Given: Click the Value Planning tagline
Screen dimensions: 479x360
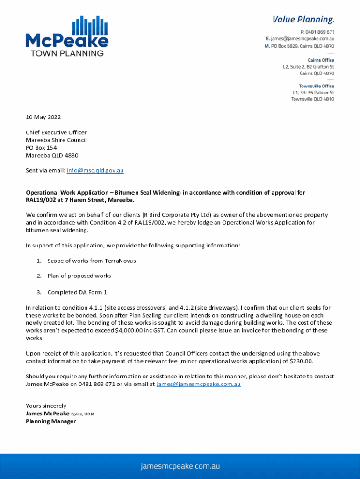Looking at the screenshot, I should point(303,19).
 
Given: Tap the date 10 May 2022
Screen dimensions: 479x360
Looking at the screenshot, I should point(43,117).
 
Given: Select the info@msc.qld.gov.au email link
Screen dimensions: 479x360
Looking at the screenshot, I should point(95,170).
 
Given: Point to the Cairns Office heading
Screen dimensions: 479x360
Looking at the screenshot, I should point(321,60).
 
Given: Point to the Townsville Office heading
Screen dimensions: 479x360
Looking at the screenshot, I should point(317,86).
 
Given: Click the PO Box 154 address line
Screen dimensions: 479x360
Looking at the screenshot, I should point(41,148).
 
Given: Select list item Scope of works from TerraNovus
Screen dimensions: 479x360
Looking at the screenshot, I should point(92,261).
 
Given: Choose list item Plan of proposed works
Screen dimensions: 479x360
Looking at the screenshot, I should point(79,276).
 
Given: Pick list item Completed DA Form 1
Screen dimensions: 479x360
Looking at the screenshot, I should point(77,292).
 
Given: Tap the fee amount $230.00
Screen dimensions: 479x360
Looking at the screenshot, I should point(301,361).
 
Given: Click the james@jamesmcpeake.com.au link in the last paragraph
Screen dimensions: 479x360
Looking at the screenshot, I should point(198,384).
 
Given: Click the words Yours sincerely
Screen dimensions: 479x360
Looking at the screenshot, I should point(46,406).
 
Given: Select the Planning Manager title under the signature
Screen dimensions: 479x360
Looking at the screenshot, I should point(50,421).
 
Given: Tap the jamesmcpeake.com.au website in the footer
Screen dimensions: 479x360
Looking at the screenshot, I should point(180,466).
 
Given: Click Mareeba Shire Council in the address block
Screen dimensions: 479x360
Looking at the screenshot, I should point(56,140).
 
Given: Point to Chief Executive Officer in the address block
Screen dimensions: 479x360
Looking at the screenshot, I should point(56,132).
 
